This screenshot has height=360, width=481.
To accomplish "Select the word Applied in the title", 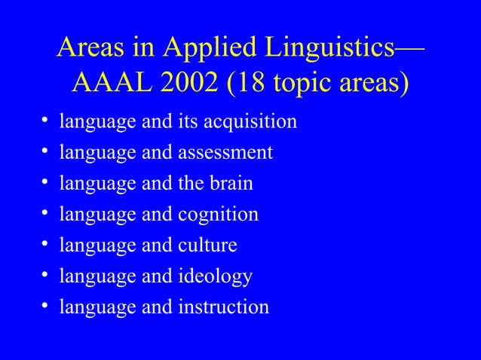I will (200, 49).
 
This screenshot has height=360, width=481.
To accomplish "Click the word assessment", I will (225, 153).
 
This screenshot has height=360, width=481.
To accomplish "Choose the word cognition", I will (218, 215).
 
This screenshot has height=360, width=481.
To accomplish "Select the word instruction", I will (223, 307).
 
